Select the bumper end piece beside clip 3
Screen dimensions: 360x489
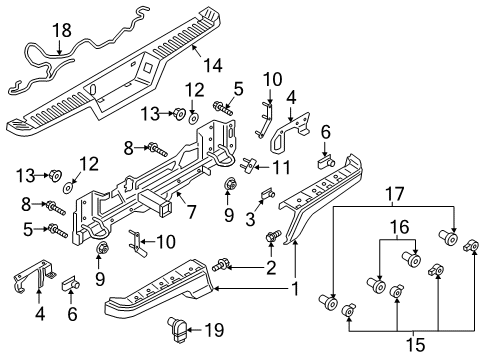[x=320, y=195]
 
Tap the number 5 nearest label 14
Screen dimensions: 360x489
[x=237, y=87]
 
